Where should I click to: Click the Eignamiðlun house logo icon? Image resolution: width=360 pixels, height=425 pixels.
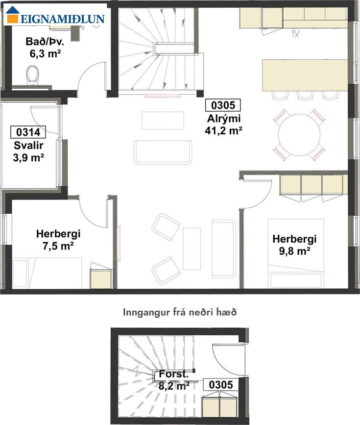click(12, 14)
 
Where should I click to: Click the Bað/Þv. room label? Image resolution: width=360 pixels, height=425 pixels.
click(45, 42)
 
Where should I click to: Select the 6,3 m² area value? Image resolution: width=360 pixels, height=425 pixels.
click(45, 53)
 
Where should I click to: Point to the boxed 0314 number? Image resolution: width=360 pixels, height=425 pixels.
click(28, 132)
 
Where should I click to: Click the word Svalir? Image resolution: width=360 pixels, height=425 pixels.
click(28, 145)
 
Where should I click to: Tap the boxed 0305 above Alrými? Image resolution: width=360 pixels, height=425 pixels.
click(223, 105)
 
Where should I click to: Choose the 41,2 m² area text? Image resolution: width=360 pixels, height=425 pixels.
click(223, 131)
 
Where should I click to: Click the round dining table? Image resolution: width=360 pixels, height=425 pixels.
click(299, 135)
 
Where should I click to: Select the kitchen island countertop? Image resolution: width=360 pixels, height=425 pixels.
click(305, 75)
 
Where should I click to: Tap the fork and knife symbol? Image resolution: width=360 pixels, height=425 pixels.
click(295, 33)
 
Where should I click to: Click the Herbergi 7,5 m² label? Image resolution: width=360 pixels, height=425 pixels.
click(58, 240)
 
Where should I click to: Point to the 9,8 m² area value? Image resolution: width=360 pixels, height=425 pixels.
click(294, 251)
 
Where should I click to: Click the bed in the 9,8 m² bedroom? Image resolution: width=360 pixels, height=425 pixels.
click(296, 253)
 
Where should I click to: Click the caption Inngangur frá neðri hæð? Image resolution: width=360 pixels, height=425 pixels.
click(180, 312)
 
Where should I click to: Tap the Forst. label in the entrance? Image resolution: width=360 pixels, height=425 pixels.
click(174, 374)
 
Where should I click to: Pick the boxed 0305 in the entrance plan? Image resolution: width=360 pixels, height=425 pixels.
click(221, 385)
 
